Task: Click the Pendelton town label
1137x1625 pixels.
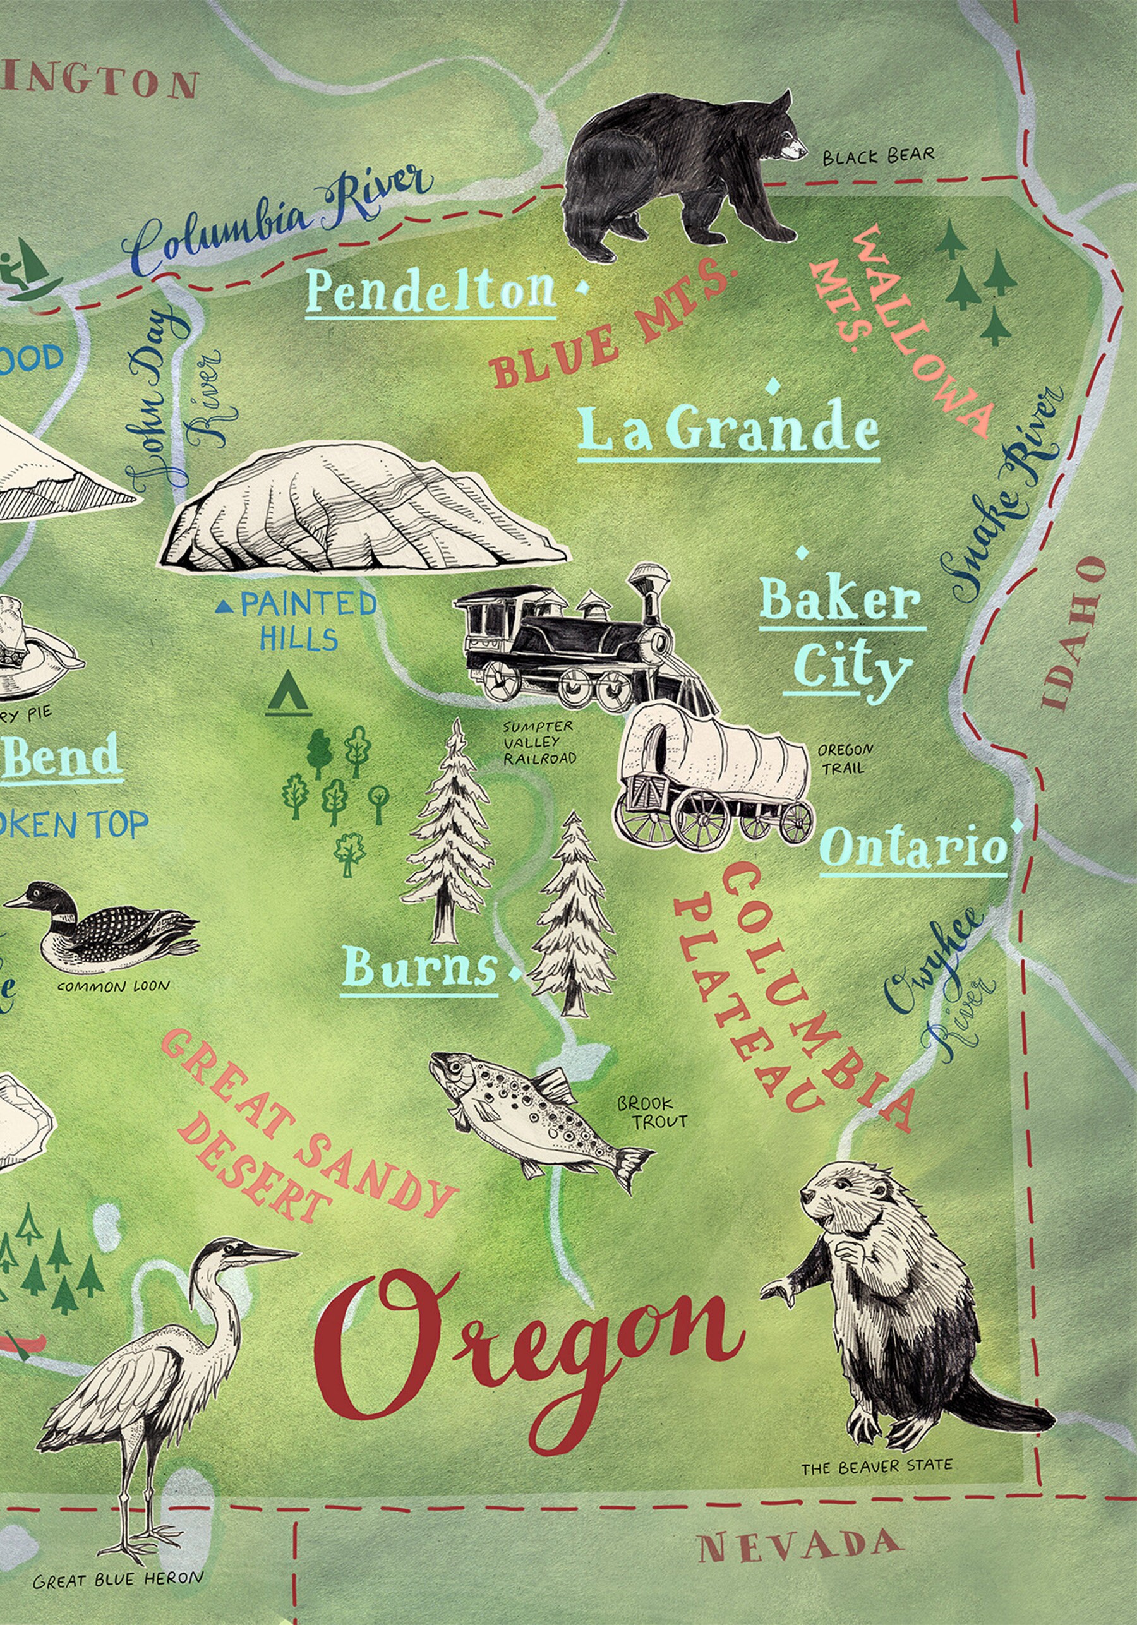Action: coord(430,292)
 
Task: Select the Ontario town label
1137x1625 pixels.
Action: coord(913,847)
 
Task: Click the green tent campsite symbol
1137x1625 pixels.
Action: coord(289,693)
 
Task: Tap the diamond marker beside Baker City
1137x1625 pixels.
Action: coord(802,551)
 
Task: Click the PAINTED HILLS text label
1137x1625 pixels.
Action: coord(304,621)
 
